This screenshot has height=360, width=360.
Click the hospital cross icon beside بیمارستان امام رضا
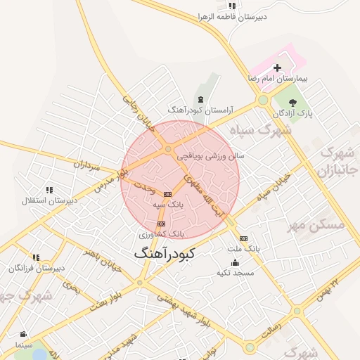tap(277, 68)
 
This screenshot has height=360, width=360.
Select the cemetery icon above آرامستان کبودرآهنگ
tap(202, 99)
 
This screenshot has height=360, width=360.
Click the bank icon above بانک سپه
tap(167, 193)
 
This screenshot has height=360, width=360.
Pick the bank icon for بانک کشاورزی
tap(161, 224)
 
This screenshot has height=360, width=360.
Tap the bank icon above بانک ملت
tap(243, 238)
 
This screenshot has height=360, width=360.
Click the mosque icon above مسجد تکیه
tap(234, 262)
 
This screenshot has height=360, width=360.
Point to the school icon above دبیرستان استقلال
tap(49, 190)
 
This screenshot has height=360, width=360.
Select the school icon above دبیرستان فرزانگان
tap(36, 258)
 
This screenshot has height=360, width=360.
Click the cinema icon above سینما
tap(24, 334)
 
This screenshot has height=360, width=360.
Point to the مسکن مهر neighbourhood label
tap(316, 225)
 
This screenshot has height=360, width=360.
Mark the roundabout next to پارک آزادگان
tap(263, 101)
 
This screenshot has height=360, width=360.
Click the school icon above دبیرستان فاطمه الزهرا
tap(231, 6)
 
